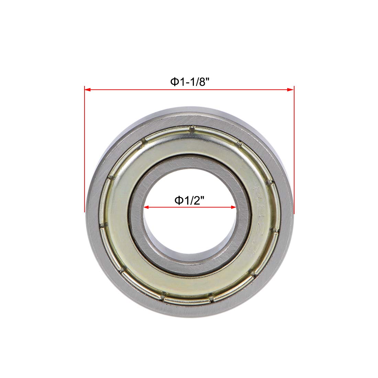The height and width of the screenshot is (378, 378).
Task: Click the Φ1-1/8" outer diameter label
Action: tap(190, 82)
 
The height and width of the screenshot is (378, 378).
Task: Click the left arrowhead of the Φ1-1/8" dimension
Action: tap(87, 90)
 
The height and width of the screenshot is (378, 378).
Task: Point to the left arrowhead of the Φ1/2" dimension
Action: tap(146, 207)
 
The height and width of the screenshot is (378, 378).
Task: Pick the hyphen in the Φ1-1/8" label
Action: tap(185, 83)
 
